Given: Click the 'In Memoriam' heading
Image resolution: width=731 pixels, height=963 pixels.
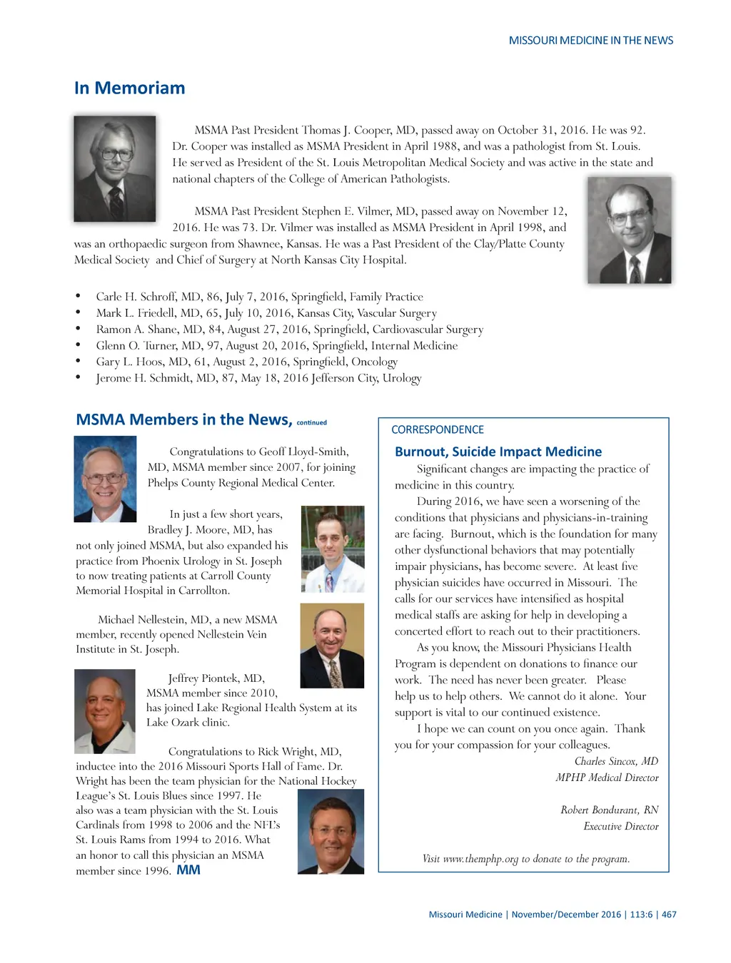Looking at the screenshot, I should pos(129,88).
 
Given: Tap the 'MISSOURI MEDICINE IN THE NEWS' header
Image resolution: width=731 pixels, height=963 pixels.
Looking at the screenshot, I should pos(590,41).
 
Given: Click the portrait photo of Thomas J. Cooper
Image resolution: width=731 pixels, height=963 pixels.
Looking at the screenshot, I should pos(115,168).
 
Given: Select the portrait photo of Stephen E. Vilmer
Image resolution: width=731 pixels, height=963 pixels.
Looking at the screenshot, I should pos(629,230).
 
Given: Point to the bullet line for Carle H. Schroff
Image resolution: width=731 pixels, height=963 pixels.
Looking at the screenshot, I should pos(259,297).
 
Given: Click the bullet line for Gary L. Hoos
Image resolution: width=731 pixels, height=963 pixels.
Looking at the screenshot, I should pos(246,362).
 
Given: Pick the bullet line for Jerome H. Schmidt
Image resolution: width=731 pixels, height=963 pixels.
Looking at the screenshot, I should pos(258,378).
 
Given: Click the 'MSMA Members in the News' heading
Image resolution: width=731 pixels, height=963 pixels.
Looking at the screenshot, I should pos(183,419).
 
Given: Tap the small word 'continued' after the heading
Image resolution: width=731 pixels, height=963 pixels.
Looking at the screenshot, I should pos(311,423).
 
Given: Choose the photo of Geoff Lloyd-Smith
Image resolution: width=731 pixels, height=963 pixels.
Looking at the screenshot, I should pos(105,479).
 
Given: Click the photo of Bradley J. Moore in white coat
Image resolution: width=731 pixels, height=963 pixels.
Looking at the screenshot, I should pos(333,549).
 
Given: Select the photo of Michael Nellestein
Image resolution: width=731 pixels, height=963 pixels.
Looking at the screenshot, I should pos(332,645).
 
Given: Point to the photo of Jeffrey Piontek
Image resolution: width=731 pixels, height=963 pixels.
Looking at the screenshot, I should pos(105,711).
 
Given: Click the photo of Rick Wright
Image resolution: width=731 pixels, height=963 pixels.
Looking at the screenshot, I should pos(331,831).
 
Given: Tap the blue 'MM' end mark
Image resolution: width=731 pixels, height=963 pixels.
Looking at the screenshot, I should pos(188,870).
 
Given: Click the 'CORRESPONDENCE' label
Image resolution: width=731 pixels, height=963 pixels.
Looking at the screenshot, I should pos(437,429).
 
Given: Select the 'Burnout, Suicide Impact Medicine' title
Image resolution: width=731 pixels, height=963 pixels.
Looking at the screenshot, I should pos(498,452).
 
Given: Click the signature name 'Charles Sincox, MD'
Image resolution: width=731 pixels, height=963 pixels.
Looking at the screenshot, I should pos(616,761).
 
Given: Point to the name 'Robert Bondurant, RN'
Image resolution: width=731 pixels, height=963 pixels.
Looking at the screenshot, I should pos(609,810).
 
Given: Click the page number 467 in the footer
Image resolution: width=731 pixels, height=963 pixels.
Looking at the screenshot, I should pos(669,914).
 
